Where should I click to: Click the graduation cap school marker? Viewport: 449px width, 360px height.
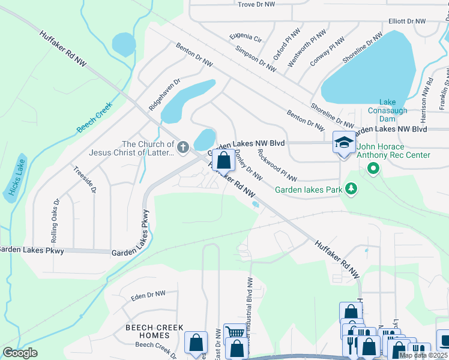click(x=343, y=143)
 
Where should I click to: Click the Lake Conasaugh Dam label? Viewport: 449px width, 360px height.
click(x=394, y=106)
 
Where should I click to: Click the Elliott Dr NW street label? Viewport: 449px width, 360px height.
click(x=406, y=21)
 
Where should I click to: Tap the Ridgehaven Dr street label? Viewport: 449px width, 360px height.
click(x=164, y=92)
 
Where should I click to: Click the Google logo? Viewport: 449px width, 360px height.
click(x=20, y=353)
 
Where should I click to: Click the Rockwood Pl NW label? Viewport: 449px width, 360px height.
click(x=276, y=165)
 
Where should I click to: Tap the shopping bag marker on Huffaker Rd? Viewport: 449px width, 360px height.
click(x=223, y=160)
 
